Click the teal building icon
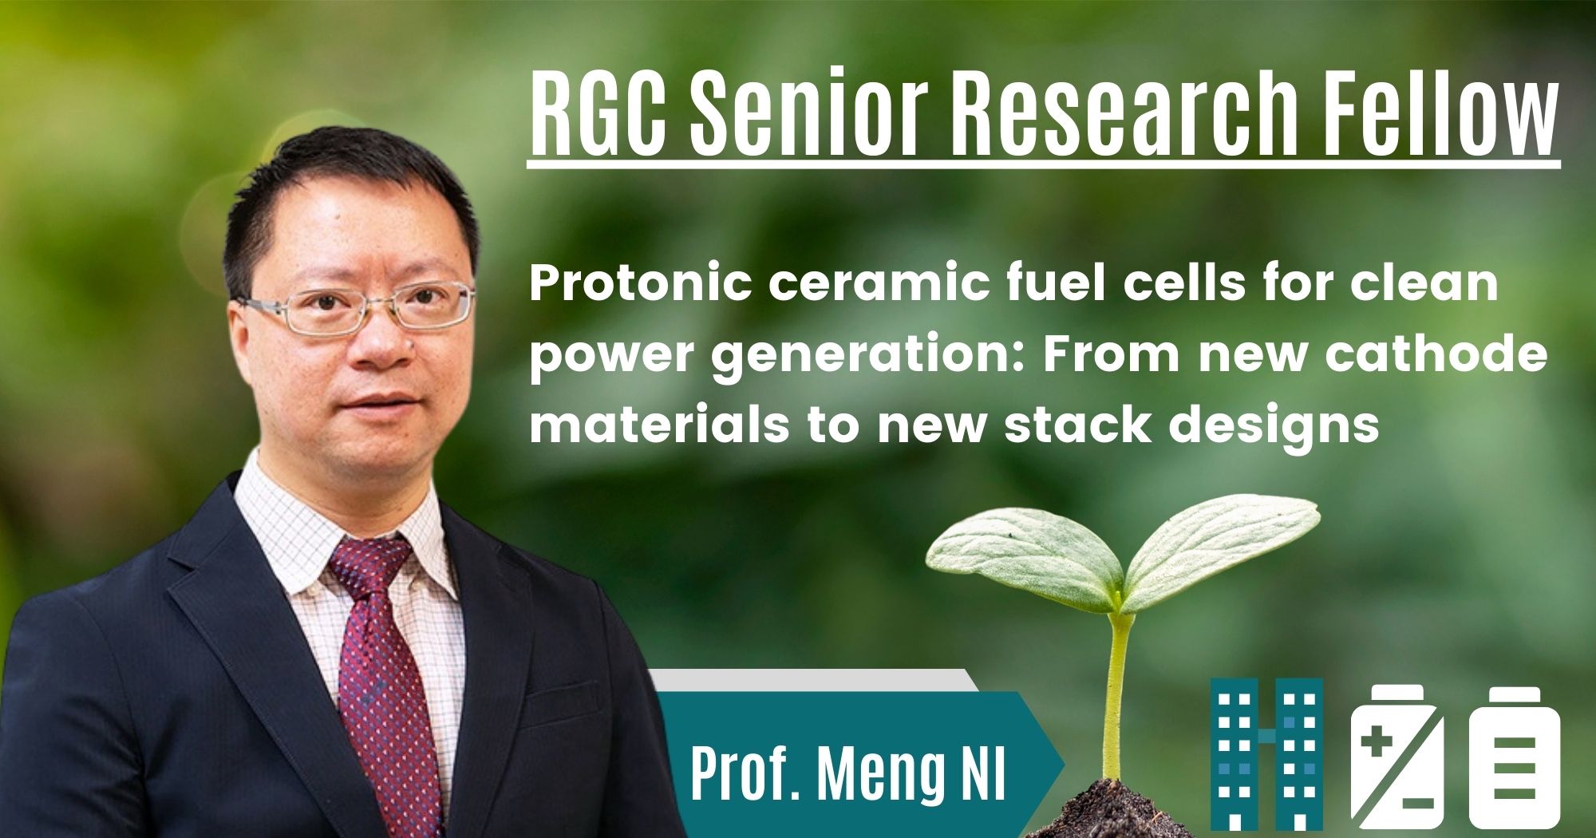[1266, 754]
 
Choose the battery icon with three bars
[1514, 758]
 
